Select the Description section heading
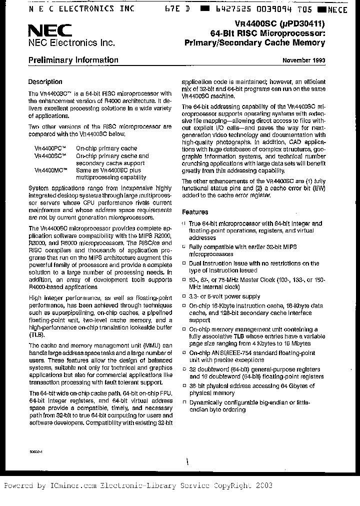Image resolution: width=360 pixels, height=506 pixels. (45, 82)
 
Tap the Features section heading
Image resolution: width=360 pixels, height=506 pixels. (195, 212)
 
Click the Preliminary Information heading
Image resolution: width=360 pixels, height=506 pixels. (73, 60)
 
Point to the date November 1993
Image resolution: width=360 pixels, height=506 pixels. (304, 61)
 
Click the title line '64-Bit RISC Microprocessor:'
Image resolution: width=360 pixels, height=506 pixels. (267, 33)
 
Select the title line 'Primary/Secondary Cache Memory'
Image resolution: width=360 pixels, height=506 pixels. (255, 43)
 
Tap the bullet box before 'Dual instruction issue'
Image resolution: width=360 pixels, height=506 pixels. (184, 263)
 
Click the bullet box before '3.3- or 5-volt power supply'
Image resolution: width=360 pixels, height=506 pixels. (184, 296)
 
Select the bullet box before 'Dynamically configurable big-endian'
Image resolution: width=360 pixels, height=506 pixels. (184, 402)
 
